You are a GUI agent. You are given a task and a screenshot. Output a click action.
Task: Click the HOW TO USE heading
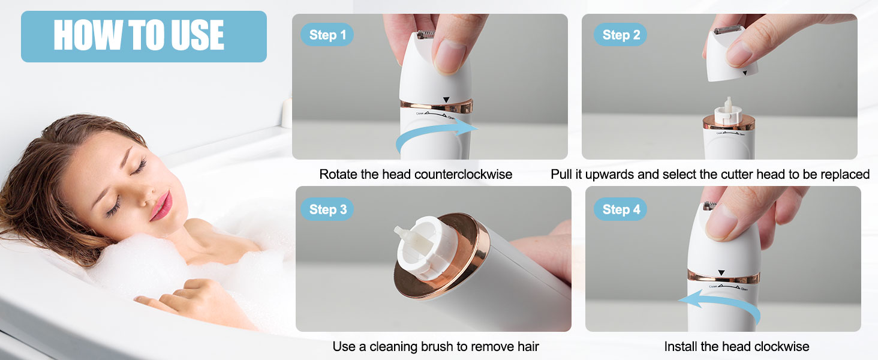pos(139,35)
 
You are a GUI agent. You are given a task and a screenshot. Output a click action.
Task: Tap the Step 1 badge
pos(327,35)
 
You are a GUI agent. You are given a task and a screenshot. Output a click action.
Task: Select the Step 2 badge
pos(621,35)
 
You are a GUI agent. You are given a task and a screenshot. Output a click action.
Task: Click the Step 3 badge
pos(327,209)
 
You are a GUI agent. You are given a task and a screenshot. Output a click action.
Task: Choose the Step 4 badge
pos(621,209)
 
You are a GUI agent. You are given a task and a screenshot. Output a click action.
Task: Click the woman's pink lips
pos(161,206)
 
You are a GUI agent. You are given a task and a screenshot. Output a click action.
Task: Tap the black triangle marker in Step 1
pos(444,100)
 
